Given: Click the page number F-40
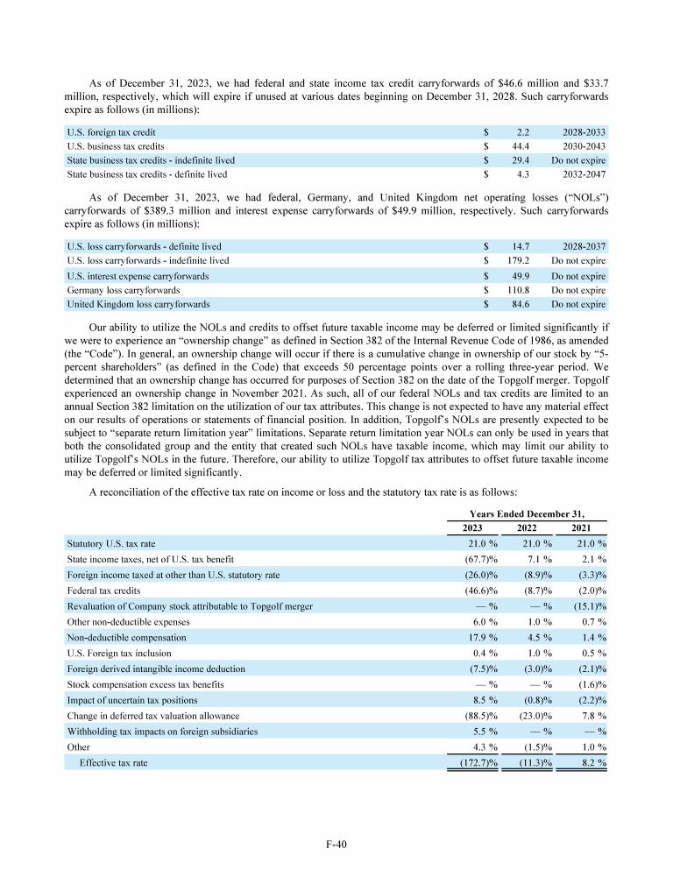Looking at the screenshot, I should (336, 845).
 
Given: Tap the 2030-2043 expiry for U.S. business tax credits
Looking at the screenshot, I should (578, 146).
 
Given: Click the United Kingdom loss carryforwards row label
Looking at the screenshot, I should (138, 304).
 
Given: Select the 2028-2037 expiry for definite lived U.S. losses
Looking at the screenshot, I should (578, 247).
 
